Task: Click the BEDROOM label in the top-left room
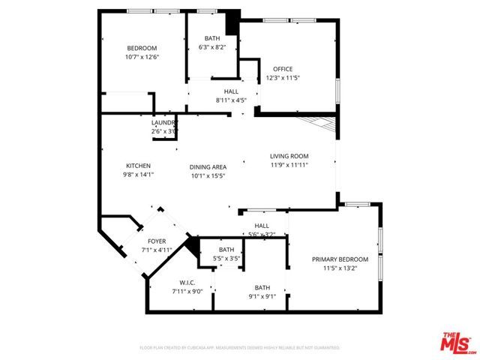(141, 48)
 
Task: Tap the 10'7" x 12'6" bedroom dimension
(141, 56)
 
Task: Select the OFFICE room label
(283, 69)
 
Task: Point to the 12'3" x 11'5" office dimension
(283, 77)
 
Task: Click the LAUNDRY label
(163, 122)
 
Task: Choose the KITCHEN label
(138, 166)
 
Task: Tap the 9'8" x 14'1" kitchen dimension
(138, 175)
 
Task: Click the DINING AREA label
(208, 167)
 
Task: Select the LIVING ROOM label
(289, 156)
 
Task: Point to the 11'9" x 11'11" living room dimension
(289, 164)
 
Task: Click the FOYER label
(157, 241)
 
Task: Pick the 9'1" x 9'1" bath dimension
(262, 296)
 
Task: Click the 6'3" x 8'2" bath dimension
(211, 47)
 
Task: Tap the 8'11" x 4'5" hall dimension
(231, 99)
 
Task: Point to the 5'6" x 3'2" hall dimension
(262, 234)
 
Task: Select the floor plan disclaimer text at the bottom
(240, 348)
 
